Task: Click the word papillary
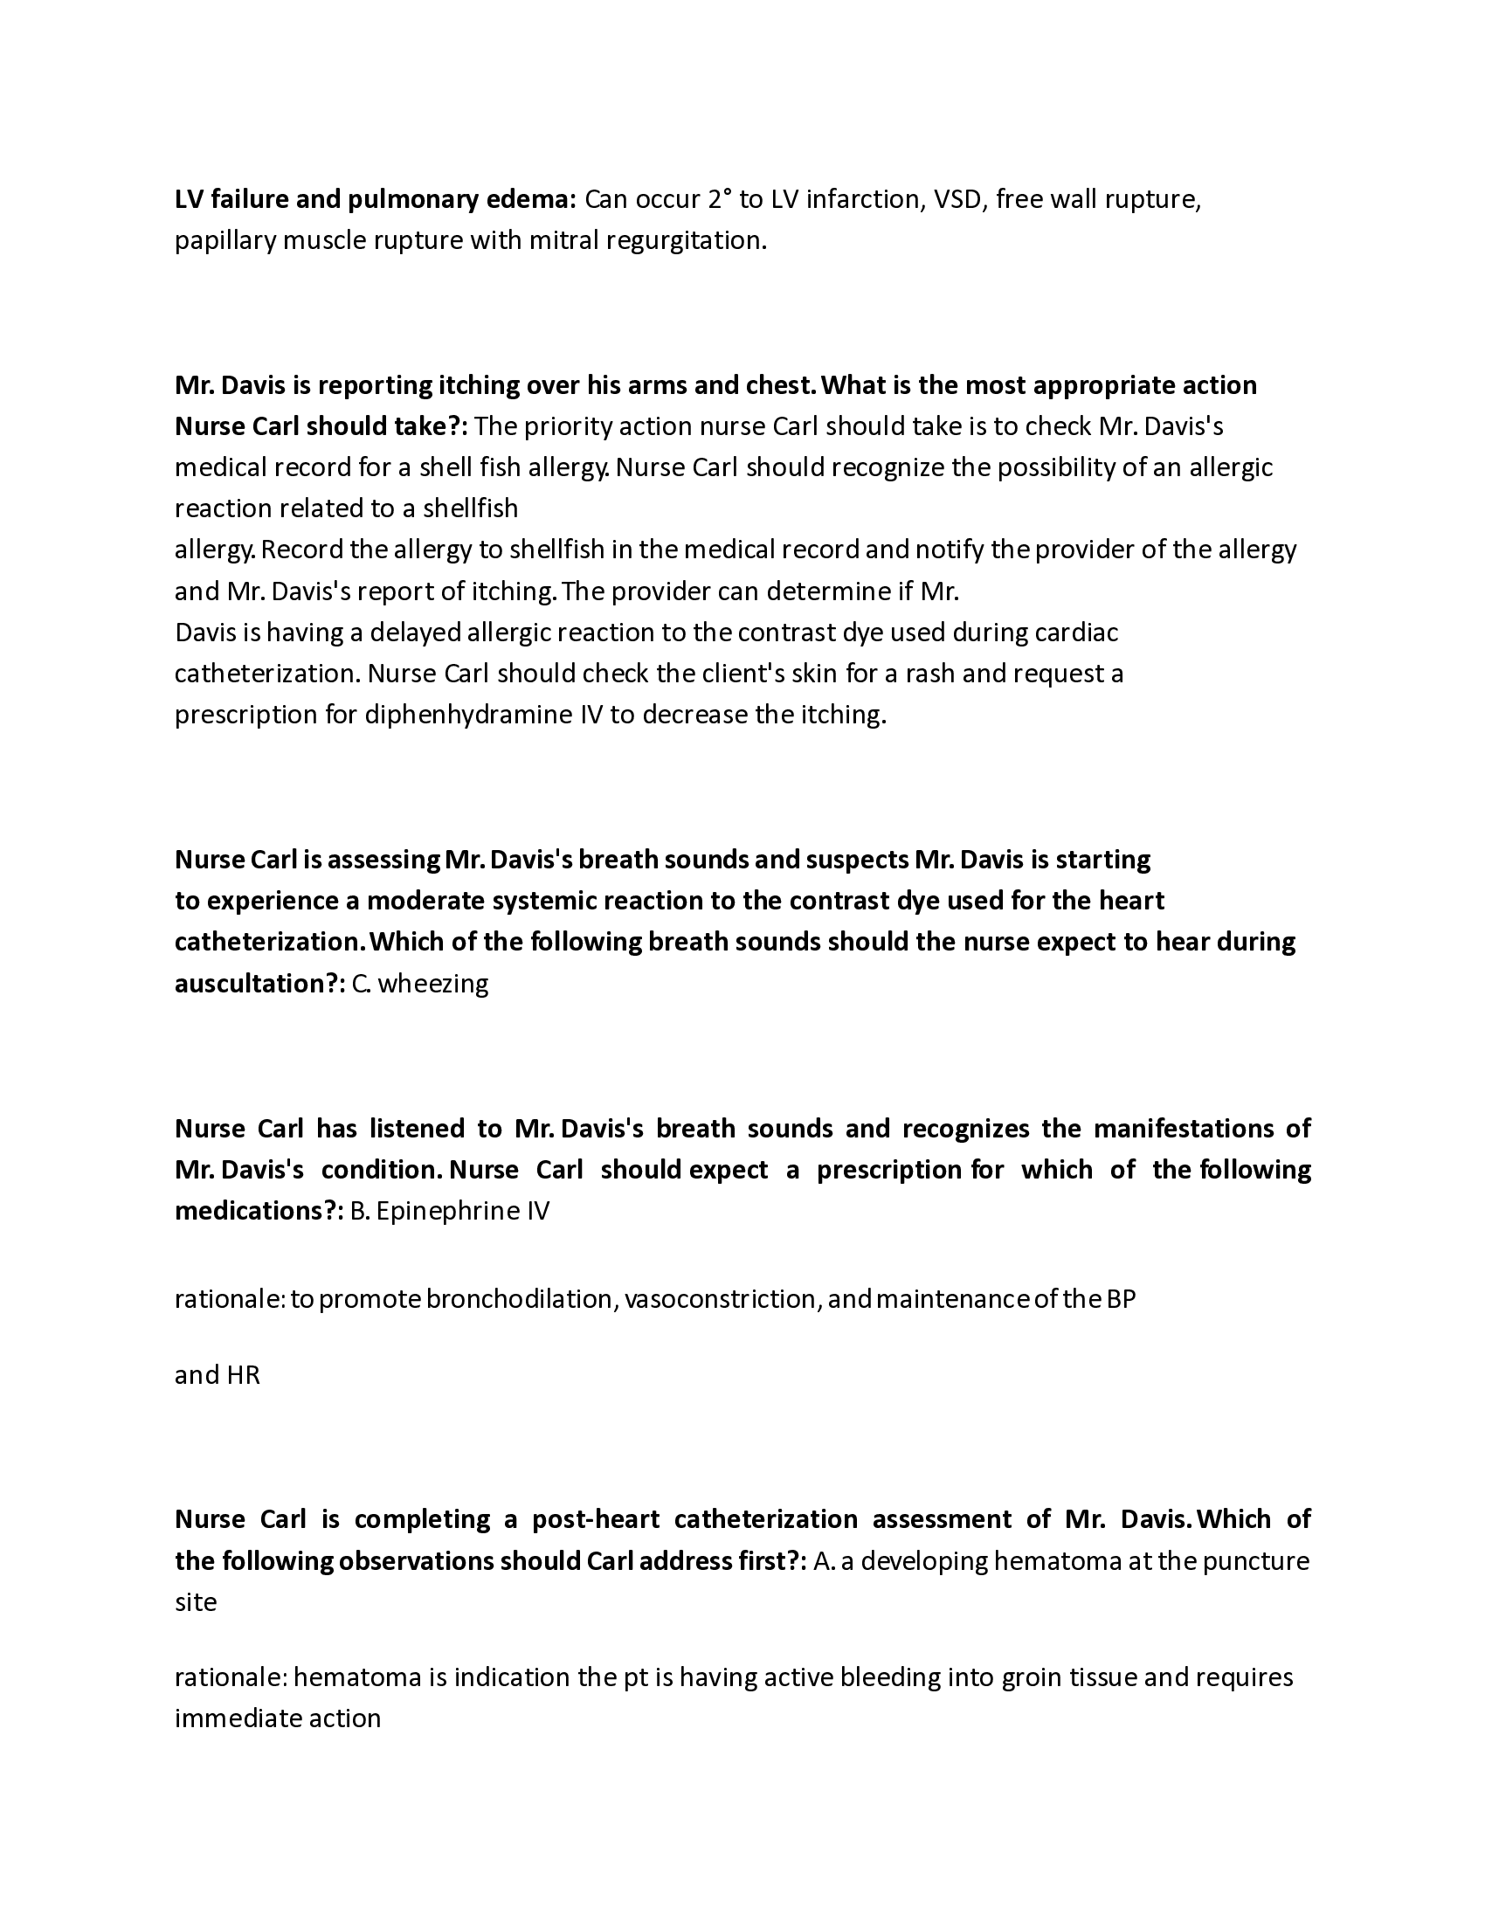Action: [x=225, y=241]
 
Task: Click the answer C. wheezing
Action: [x=419, y=983]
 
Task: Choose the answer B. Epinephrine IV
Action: [x=450, y=1211]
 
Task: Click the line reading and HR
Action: [x=218, y=1374]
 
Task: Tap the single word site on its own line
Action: [x=196, y=1601]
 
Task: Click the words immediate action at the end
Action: [x=278, y=1718]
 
